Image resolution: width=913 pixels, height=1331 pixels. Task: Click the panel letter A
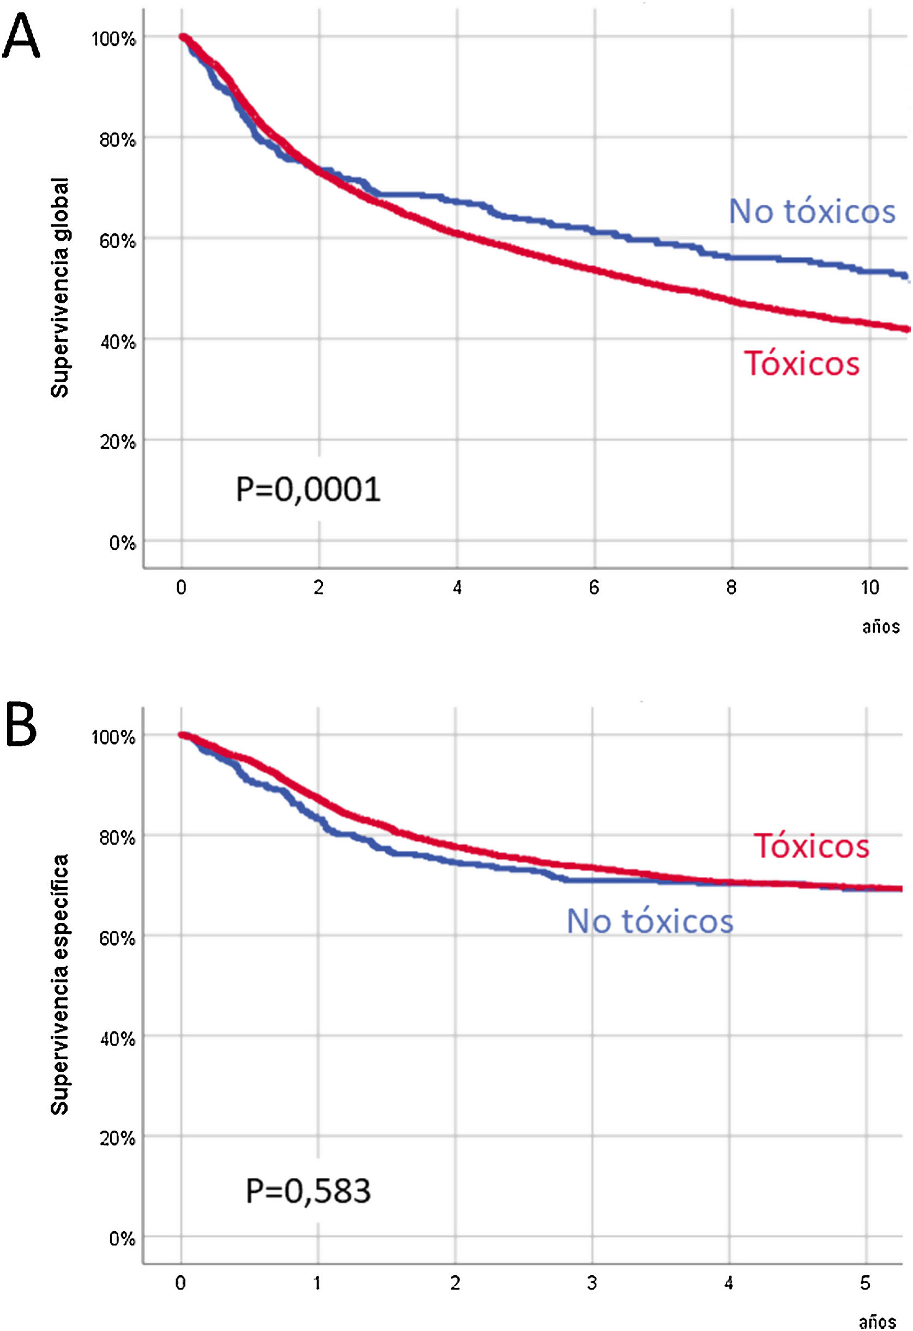coord(21,35)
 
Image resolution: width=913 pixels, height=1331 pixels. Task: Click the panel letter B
coord(21,725)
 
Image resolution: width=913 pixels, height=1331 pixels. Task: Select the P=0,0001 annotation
coord(308,490)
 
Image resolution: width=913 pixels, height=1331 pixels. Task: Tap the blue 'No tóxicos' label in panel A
coord(812,211)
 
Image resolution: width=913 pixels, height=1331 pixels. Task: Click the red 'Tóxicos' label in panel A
coord(801,364)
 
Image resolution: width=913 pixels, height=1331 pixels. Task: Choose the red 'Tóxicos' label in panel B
coord(811,846)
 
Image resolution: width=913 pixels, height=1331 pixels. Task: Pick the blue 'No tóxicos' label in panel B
coord(650,921)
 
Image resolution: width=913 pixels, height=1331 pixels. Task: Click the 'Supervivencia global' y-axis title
coord(59,288)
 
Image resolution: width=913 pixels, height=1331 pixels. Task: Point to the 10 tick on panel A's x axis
coord(869,588)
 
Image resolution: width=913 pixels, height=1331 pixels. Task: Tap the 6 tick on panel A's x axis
coord(594,588)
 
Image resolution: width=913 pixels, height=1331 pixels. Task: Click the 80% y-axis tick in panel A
coord(118,140)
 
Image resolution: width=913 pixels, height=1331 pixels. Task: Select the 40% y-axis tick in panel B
coord(118,1038)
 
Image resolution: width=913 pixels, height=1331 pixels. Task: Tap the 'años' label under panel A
coord(881,626)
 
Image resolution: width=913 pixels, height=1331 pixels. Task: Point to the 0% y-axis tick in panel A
coord(122,543)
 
